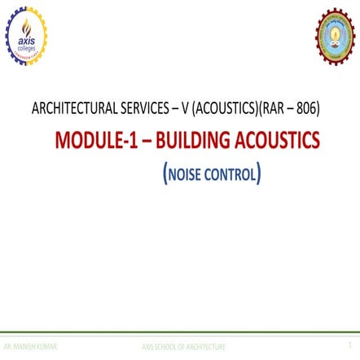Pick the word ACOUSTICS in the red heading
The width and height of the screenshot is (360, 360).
click(276, 140)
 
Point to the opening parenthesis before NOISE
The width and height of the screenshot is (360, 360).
click(166, 173)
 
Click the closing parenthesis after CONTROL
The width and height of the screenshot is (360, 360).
click(259, 173)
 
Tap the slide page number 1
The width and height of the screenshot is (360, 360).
click(350, 345)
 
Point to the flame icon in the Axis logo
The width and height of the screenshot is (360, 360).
click(27, 22)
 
